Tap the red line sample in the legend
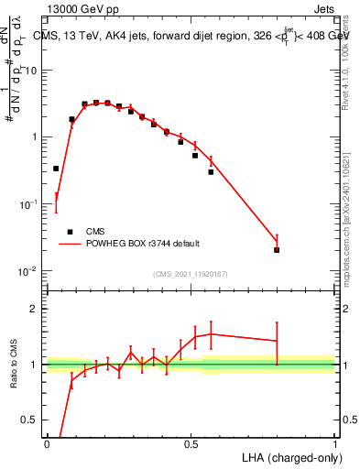tap(71, 244)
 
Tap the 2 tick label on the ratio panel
tap(35, 309)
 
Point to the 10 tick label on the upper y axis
tap(31, 71)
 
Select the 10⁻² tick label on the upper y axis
tap(27, 271)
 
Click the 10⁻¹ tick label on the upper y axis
tap(27, 204)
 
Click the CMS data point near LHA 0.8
tap(277, 249)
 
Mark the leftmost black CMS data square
tap(56, 169)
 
